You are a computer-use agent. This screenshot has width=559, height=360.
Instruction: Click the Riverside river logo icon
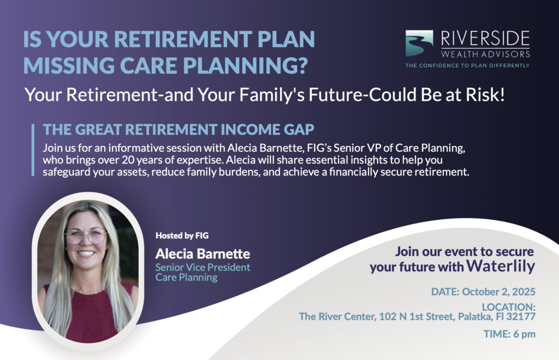419,43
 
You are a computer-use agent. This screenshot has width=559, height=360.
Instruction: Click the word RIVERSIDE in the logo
485,39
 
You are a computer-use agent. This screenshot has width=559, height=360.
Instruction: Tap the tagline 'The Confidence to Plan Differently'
467,66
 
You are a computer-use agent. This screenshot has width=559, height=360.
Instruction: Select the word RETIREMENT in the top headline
183,39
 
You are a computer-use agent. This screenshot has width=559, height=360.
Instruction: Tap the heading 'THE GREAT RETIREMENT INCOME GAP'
179,129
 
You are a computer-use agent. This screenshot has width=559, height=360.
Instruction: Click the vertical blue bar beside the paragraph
33,150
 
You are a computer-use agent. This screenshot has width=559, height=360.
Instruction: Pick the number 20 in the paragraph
127,160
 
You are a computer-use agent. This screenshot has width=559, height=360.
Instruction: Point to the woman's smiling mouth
86,253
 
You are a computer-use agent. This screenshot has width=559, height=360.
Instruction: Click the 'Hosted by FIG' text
182,235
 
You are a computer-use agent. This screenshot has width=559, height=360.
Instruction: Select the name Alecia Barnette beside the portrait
203,253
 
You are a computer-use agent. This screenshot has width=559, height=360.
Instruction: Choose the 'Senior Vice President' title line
203,267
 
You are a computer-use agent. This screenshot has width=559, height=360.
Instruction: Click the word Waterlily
501,266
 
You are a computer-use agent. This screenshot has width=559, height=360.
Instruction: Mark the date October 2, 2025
498,292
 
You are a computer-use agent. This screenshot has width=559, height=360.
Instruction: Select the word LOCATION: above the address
509,307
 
